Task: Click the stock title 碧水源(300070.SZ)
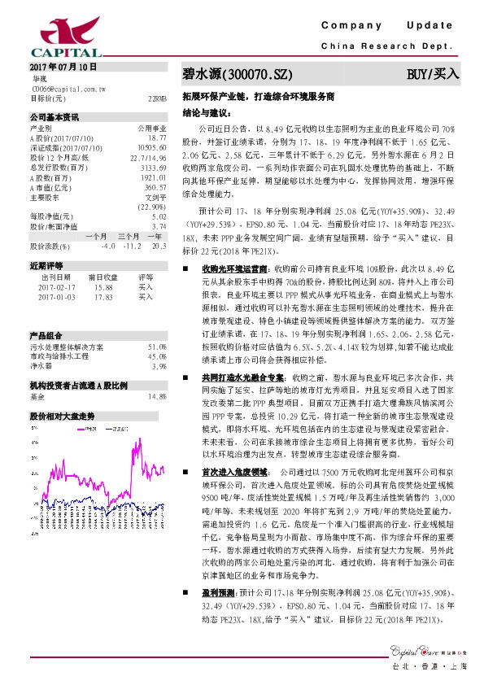237,73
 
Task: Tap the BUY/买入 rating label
433,73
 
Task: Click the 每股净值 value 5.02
159,216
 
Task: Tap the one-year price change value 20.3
159,245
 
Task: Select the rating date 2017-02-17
55,286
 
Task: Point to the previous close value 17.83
102,297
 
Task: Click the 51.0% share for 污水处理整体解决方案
157,347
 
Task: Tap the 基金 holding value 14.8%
157,396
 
